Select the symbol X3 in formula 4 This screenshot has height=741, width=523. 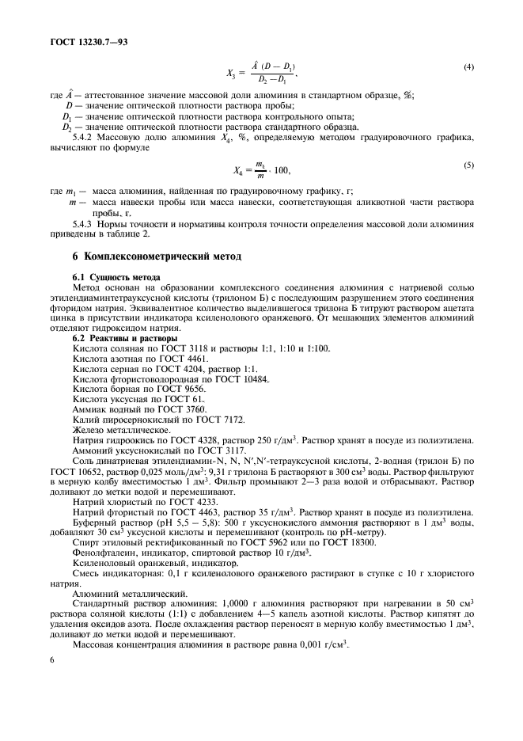pyautogui.click(x=231, y=75)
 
